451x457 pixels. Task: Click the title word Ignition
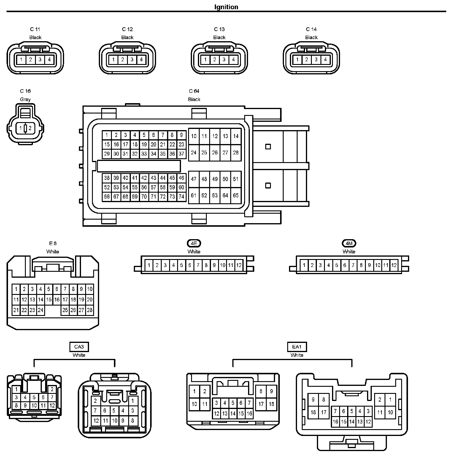click(x=226, y=7)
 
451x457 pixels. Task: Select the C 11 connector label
click(x=35, y=29)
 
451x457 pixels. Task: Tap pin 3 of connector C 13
click(x=224, y=60)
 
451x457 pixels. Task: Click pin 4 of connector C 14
click(x=325, y=60)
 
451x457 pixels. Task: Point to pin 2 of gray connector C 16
click(x=30, y=128)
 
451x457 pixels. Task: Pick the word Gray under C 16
click(x=25, y=99)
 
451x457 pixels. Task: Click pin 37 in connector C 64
click(x=181, y=154)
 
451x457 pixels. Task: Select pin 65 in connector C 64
click(x=236, y=195)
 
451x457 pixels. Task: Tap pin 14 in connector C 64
click(x=236, y=136)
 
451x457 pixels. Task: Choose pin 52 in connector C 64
click(x=107, y=187)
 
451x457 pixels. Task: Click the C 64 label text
click(x=194, y=91)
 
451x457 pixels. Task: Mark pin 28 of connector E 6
click(x=90, y=310)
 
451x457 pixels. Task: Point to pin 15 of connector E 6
click(x=49, y=300)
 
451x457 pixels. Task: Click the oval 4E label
click(x=194, y=243)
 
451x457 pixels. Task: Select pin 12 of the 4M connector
click(x=394, y=265)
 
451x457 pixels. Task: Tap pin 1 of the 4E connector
click(x=149, y=265)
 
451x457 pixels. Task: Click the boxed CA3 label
click(x=79, y=347)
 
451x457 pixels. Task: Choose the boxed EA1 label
click(x=297, y=347)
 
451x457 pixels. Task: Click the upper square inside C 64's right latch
click(x=268, y=147)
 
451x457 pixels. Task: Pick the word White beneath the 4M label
click(x=349, y=252)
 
